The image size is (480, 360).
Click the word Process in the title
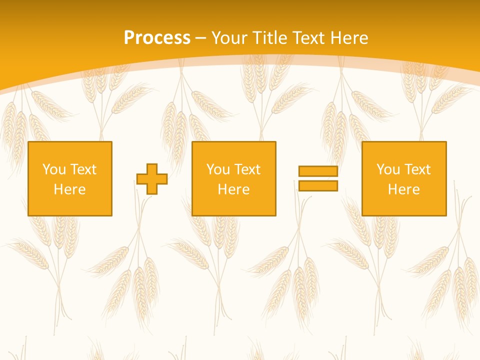click(157, 38)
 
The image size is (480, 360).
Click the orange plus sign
click(152, 179)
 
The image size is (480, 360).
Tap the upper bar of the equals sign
click(318, 171)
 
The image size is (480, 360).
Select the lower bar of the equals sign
click(318, 185)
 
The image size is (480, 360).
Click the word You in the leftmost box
click(54, 169)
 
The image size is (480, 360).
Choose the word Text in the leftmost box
click(83, 169)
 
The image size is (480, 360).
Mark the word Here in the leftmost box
click(69, 189)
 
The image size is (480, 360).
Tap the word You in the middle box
click(218, 169)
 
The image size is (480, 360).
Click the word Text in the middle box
click(247, 169)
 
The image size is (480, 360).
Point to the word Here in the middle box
click(233, 189)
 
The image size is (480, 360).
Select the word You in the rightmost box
click(388, 169)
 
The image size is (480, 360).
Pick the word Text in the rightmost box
click(417, 169)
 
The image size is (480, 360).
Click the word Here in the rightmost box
click(403, 189)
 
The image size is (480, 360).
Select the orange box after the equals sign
click(404, 205)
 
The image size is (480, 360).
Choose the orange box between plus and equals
click(234, 205)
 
